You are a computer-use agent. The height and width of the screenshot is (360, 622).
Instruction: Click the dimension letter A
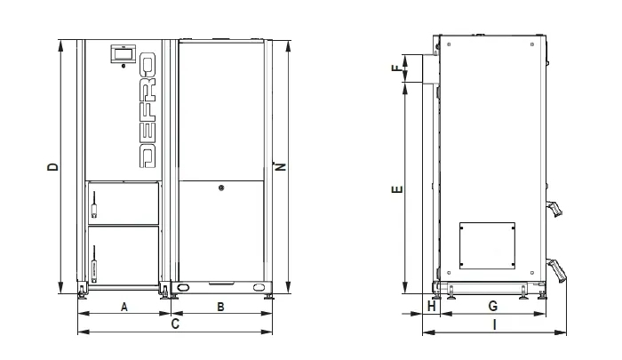pyautogui.click(x=124, y=307)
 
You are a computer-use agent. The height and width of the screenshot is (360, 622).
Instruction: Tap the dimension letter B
pyautogui.click(x=220, y=307)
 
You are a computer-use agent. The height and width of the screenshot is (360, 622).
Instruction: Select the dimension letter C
pyautogui.click(x=175, y=324)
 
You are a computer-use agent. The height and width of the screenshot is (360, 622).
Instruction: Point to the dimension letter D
pyautogui.click(x=52, y=166)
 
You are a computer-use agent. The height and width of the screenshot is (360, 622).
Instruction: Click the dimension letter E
pyautogui.click(x=397, y=189)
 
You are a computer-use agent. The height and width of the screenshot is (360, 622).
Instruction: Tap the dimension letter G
pyautogui.click(x=492, y=306)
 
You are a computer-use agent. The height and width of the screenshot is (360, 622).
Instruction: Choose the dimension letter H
pyautogui.click(x=432, y=306)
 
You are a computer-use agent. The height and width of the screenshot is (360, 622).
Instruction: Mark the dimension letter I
pyautogui.click(x=494, y=325)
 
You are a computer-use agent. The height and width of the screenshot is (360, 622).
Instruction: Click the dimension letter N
pyautogui.click(x=281, y=166)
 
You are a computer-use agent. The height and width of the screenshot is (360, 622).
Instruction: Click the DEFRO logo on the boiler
pyautogui.click(x=148, y=110)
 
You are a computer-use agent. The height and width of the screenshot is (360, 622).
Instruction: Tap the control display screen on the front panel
pyautogui.click(x=124, y=53)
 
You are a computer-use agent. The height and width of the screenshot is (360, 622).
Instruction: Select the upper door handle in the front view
pyautogui.click(x=94, y=204)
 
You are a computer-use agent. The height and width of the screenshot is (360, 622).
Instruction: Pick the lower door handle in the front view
pyautogui.click(x=94, y=264)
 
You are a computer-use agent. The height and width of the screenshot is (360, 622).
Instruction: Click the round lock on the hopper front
pyautogui.click(x=221, y=188)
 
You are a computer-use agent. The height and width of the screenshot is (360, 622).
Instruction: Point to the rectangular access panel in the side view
pyautogui.click(x=487, y=245)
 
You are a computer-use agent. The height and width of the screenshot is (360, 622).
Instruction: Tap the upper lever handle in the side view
pyautogui.click(x=554, y=209)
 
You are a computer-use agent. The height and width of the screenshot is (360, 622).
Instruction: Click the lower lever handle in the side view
pyautogui.click(x=556, y=270)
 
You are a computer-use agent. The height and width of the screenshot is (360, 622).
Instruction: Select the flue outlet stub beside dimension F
pyautogui.click(x=431, y=69)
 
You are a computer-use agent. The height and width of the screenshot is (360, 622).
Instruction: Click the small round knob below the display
pyautogui.click(x=124, y=66)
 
